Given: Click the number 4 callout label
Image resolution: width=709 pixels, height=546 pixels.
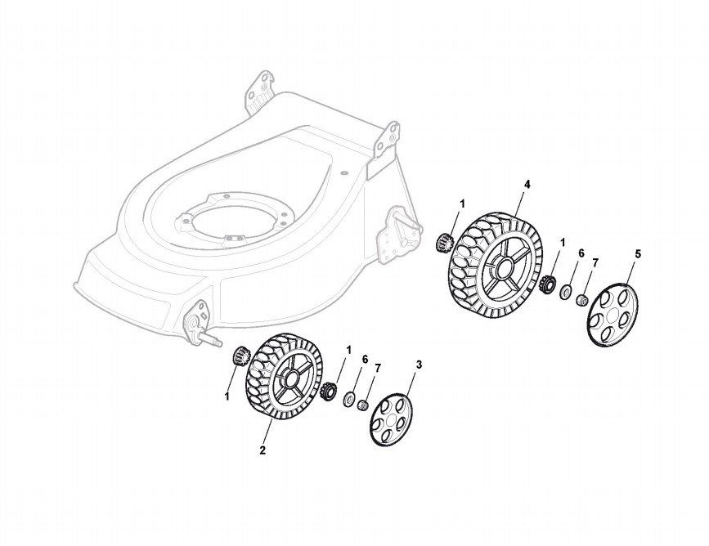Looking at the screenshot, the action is click(527, 185).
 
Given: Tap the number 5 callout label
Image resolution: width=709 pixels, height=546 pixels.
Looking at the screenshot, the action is click(638, 254).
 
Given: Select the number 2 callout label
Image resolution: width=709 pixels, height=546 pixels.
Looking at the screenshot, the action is click(263, 450).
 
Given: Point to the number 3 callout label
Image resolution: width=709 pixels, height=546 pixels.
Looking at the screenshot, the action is click(420, 365).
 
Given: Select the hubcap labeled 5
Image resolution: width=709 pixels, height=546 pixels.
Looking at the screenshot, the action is click(613, 314).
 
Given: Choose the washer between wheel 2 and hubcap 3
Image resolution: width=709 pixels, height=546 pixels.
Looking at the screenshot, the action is click(349, 400).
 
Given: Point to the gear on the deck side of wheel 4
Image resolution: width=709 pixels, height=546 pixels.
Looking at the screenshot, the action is click(446, 243).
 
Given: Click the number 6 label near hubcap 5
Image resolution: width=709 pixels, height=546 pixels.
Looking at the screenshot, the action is click(581, 253).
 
